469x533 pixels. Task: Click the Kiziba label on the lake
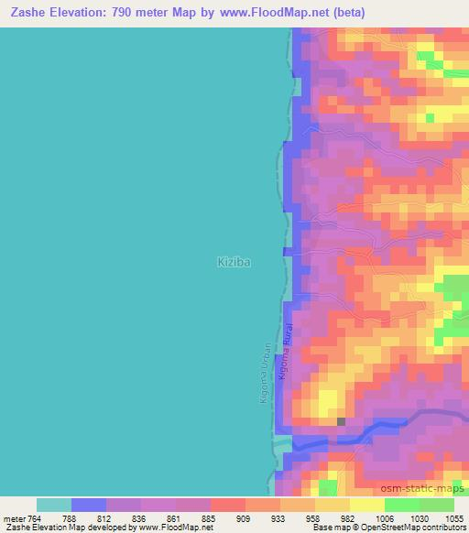click(234, 262)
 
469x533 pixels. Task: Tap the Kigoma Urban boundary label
click(266, 374)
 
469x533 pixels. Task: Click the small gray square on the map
click(341, 422)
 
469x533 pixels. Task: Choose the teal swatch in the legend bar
click(54, 504)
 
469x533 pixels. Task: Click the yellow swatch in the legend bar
click(366, 504)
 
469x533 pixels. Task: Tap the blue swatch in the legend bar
click(89, 504)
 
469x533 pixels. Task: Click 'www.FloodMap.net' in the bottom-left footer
click(175, 528)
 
